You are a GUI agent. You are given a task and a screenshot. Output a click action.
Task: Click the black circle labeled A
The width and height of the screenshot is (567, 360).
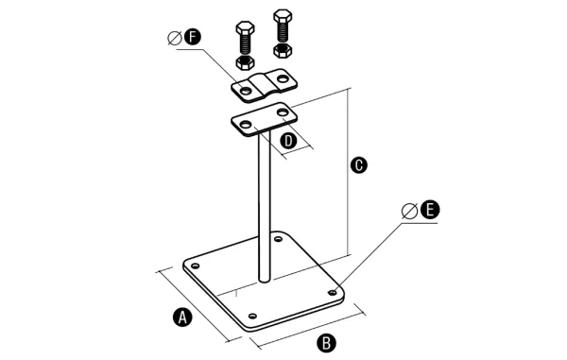[182, 317]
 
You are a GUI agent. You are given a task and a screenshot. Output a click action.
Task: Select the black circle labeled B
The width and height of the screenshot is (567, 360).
[327, 343]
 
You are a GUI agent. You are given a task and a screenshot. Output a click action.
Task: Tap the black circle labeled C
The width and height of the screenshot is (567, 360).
[359, 165]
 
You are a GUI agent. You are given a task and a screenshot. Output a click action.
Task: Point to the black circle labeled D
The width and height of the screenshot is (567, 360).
[288, 141]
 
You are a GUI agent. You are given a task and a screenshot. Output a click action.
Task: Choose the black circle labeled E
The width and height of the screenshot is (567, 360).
[430, 210]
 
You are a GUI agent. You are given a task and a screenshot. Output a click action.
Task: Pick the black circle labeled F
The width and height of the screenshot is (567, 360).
[192, 37]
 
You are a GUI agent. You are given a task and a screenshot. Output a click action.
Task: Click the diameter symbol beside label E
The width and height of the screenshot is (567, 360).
[409, 211]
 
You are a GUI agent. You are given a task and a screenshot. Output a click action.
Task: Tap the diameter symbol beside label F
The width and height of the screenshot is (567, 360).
[175, 39]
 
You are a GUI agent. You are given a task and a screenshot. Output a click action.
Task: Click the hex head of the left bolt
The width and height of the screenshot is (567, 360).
[245, 27]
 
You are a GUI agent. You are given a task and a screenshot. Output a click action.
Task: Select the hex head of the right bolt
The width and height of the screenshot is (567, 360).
[283, 15]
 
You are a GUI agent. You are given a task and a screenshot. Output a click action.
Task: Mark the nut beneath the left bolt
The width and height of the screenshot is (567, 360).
[245, 62]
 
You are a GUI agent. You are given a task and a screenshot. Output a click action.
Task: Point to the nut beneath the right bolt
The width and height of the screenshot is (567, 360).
[283, 51]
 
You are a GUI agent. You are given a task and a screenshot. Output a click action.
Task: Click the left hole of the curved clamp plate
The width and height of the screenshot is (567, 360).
[246, 91]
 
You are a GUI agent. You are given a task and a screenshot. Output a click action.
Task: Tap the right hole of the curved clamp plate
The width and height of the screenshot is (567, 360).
[283, 78]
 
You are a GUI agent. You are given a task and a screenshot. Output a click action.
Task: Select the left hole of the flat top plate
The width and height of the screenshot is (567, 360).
[246, 125]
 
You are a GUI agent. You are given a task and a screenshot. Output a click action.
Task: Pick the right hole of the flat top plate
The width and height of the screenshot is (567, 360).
[283, 112]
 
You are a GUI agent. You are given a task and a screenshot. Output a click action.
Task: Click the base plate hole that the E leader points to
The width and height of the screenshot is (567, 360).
[332, 292]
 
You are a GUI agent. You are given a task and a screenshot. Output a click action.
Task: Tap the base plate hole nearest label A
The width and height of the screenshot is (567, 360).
[196, 266]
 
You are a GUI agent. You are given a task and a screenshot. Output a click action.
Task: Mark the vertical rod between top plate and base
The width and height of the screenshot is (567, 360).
[265, 206]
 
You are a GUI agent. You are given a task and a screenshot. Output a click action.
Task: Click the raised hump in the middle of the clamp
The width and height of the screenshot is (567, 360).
[264, 85]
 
